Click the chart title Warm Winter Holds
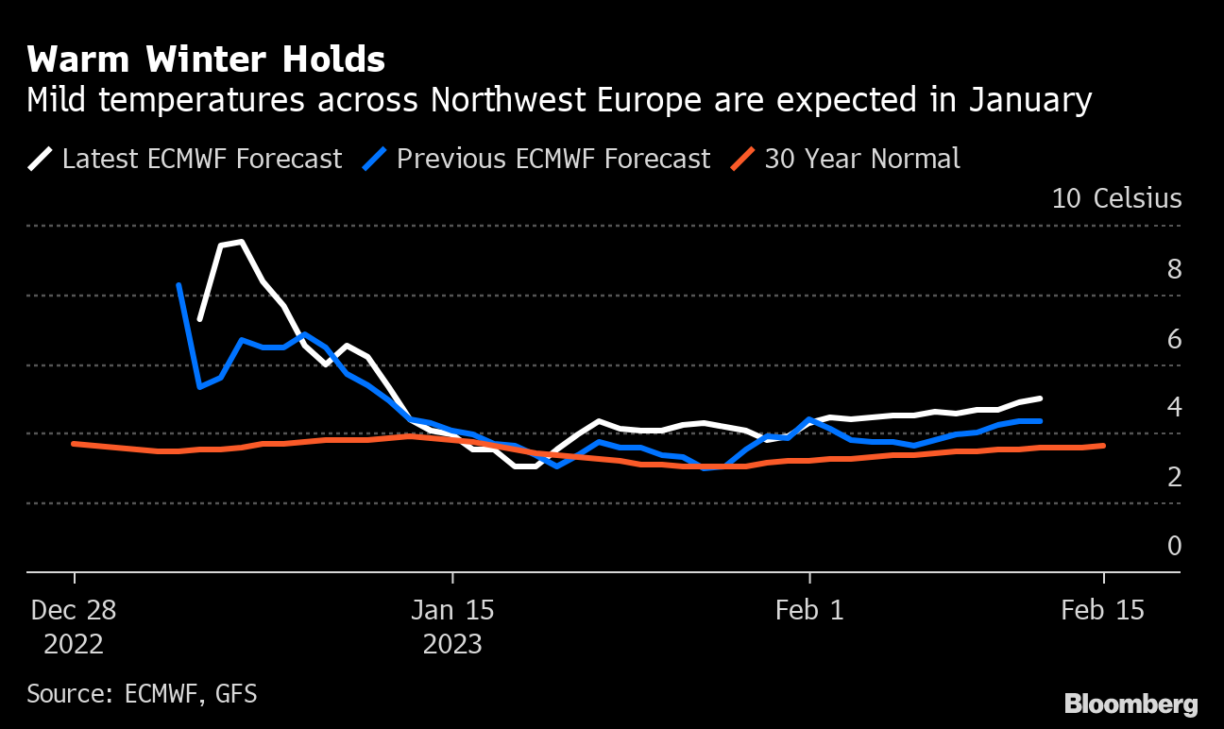(x=206, y=60)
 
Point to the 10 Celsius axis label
(x=1116, y=198)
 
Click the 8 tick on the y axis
(x=1174, y=269)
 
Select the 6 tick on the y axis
(x=1174, y=338)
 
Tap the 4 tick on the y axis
(x=1174, y=407)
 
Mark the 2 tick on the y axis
(x=1174, y=477)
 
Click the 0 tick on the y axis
(x=1174, y=546)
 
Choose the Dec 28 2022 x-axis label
(x=74, y=626)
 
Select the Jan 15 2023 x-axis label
(x=452, y=626)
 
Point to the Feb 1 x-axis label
(x=809, y=610)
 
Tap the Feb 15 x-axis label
(x=1102, y=610)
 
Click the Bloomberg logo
(x=1130, y=704)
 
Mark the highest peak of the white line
(x=242, y=242)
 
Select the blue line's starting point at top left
(x=178, y=285)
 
